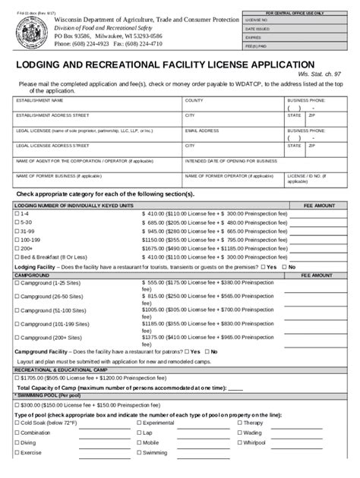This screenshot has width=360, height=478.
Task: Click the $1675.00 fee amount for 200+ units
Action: (155, 247)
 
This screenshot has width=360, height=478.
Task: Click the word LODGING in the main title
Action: (46, 65)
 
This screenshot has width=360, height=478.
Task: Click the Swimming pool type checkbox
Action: (137, 451)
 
